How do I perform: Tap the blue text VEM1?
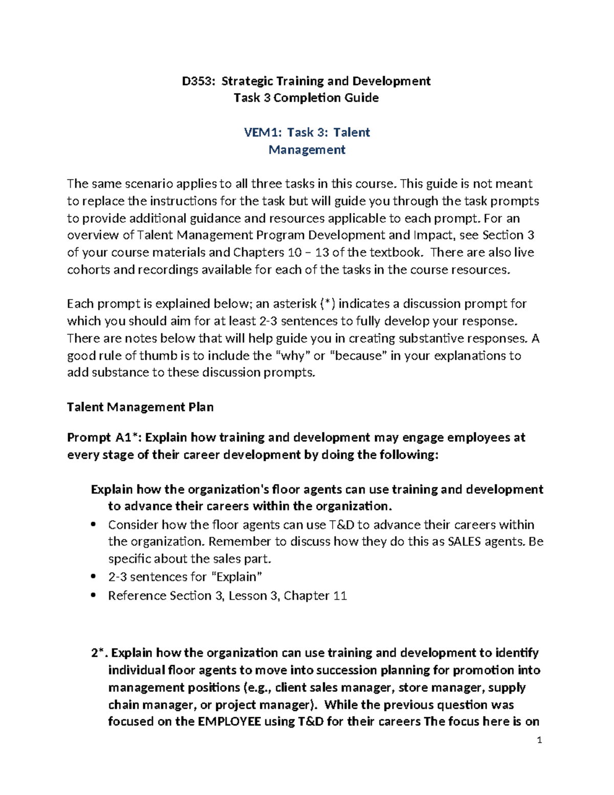coord(262,133)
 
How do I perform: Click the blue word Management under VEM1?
coord(307,150)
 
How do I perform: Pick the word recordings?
coord(167,270)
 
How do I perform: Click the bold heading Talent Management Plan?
coord(140,407)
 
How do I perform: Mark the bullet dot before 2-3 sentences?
coord(93,577)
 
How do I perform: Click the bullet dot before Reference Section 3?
coord(93,596)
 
